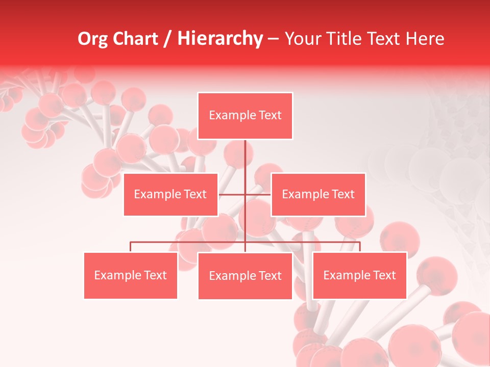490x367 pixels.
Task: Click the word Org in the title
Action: pos(92,39)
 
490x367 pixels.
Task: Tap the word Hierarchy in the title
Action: pos(219,39)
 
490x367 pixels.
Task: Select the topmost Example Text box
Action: pos(245,116)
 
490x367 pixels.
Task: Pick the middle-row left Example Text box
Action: pos(170,194)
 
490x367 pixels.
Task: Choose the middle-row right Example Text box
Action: pos(318,194)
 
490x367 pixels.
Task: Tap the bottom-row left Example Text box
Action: pos(130,275)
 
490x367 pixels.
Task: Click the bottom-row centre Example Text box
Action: pos(245,276)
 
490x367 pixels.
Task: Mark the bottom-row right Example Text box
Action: pos(359,275)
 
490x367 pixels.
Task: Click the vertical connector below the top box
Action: pos(245,158)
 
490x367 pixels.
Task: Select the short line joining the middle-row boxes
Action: pos(245,194)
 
